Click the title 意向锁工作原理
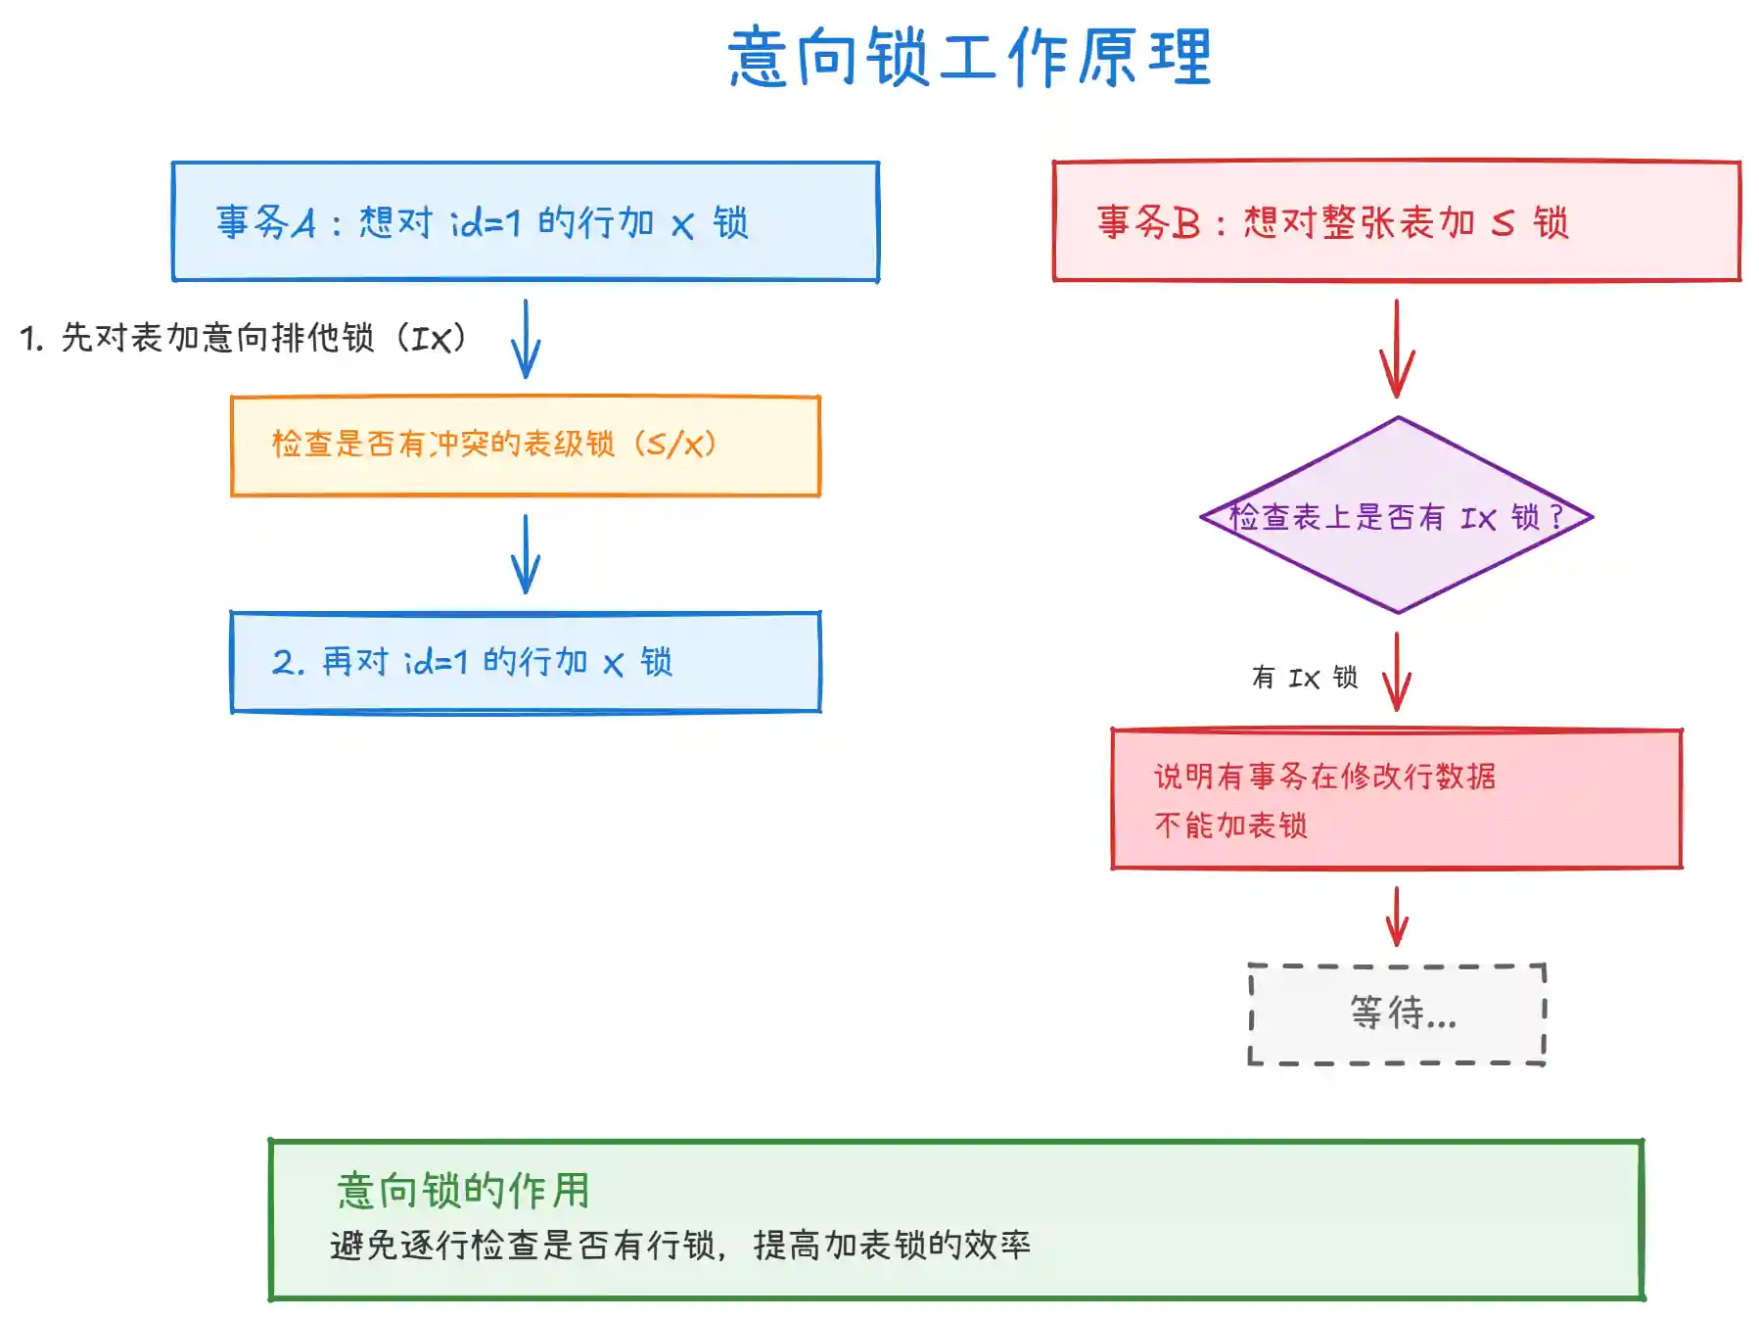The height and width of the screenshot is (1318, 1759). point(969,57)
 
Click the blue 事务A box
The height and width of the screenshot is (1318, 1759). point(525,221)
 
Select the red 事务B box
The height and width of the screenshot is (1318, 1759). point(1396,221)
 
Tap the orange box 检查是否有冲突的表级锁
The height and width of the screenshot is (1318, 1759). point(525,446)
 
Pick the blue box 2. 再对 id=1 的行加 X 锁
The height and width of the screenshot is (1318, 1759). point(525,662)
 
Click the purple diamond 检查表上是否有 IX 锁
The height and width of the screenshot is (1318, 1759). point(1397,516)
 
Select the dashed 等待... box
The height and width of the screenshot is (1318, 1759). point(1397,1013)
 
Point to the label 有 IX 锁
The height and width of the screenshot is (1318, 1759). point(1304,678)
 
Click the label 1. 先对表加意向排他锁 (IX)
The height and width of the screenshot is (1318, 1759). point(243,338)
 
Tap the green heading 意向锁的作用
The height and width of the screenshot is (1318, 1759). point(463,1191)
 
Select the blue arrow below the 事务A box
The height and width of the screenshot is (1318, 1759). point(526,339)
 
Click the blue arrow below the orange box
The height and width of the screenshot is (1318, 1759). point(526,554)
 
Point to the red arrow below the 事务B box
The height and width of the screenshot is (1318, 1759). point(1397,349)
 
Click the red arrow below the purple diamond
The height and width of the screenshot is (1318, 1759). point(1397,672)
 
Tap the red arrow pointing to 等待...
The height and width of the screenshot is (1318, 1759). point(1397,917)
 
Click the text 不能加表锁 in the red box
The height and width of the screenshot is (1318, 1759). point(1230,825)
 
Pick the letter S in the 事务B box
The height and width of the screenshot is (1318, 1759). point(1503,224)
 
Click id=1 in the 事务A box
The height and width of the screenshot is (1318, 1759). point(486,223)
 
